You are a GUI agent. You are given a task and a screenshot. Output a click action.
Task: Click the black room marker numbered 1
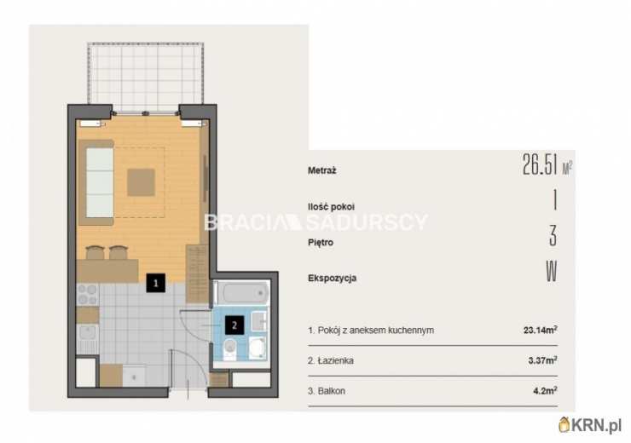point(156,283)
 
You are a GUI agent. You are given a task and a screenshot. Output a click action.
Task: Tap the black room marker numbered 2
point(234,325)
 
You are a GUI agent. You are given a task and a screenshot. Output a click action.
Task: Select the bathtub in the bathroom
point(240,293)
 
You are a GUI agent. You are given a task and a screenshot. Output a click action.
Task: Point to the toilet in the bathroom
point(229,348)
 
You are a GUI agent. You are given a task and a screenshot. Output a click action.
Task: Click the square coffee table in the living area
point(142,182)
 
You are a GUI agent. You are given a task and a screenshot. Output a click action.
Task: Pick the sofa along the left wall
point(96,182)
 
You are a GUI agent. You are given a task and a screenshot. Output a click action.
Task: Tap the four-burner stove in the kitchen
point(87,295)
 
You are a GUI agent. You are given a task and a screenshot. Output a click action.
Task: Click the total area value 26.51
point(540,164)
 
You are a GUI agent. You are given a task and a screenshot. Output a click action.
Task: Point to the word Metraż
point(322,170)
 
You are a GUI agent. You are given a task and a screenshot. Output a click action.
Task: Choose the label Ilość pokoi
point(331,207)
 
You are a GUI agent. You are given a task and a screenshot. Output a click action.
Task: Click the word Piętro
point(321,243)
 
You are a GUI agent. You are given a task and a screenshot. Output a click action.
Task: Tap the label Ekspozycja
point(333,279)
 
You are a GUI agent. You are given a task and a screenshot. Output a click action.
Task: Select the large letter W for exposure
point(552,272)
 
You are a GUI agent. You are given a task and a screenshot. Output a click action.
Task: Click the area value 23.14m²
point(541,330)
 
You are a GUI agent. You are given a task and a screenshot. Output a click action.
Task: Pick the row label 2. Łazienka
point(331,360)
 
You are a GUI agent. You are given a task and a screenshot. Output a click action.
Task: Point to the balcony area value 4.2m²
point(545,390)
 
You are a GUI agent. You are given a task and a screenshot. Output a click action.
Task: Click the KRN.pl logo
point(590,425)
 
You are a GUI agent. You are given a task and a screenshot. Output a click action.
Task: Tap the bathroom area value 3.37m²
point(543,360)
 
